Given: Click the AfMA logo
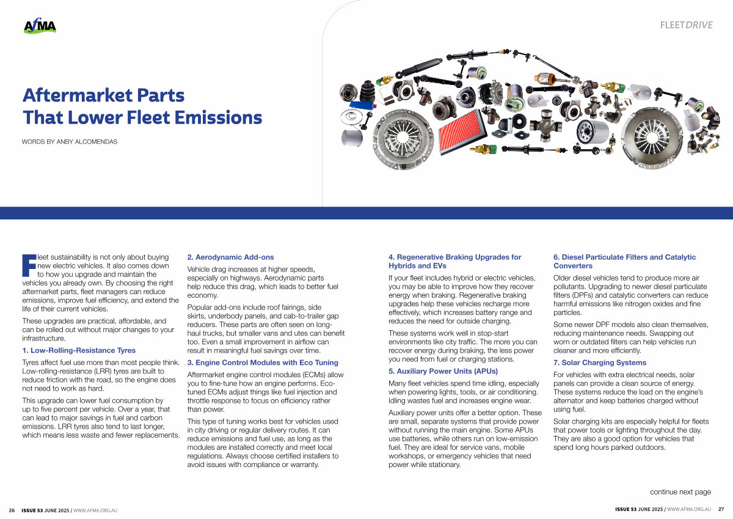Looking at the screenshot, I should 40,26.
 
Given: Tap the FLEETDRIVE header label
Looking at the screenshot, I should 686,25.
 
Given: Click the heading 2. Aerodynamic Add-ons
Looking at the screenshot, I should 230,257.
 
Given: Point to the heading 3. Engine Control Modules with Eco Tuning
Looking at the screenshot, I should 262,363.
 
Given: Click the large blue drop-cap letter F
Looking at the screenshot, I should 29,263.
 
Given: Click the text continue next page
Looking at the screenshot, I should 680,491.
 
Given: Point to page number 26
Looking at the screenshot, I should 12,509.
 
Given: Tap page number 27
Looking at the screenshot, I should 721,509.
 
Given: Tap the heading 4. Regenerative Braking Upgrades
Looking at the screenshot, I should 454,262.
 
